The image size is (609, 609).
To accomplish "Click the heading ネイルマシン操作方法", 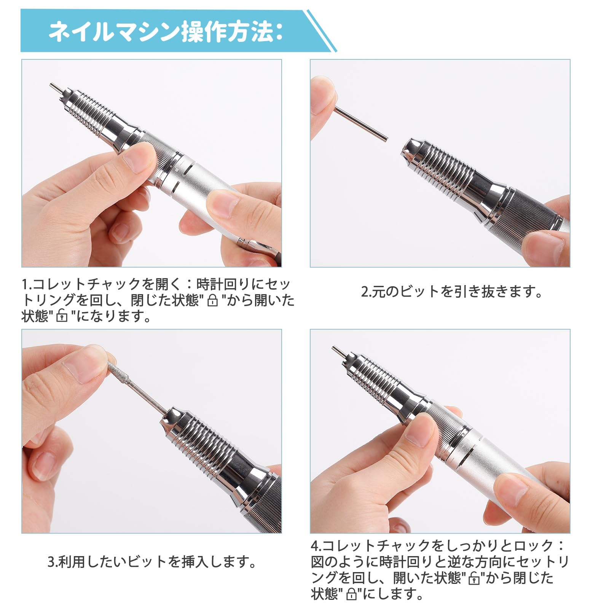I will (x=165, y=32).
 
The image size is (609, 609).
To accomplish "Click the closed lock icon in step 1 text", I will (x=213, y=301).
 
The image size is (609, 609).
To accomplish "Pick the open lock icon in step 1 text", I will (x=62, y=316).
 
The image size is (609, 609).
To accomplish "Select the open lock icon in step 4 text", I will (x=474, y=579).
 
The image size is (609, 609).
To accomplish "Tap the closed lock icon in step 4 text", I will (x=352, y=594).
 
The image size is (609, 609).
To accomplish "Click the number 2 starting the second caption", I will (x=364, y=292).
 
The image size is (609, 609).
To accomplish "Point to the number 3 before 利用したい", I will (x=51, y=562).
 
